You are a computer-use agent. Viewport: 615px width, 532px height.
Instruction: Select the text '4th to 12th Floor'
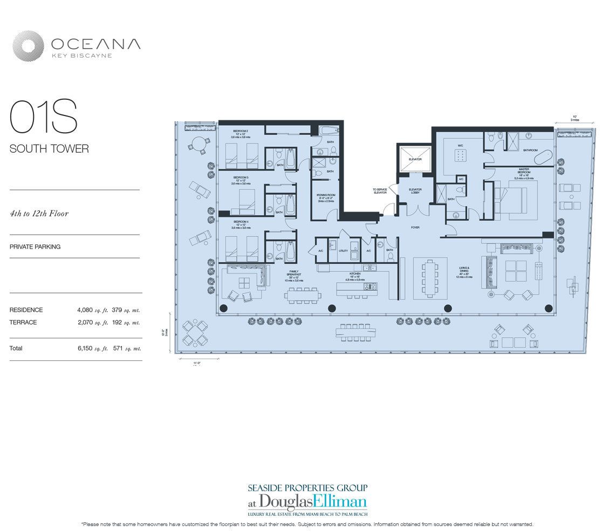click(39, 214)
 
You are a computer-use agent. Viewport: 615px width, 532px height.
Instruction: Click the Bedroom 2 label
click(241, 132)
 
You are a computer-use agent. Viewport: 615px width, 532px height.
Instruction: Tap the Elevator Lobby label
click(415, 192)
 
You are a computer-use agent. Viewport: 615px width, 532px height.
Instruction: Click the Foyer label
click(415, 228)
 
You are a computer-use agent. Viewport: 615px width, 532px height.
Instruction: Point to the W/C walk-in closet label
click(460, 144)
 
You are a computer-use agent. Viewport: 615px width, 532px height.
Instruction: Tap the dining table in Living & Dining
click(431, 278)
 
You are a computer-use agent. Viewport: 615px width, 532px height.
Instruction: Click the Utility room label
click(343, 251)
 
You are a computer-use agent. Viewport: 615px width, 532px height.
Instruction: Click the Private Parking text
click(35, 247)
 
